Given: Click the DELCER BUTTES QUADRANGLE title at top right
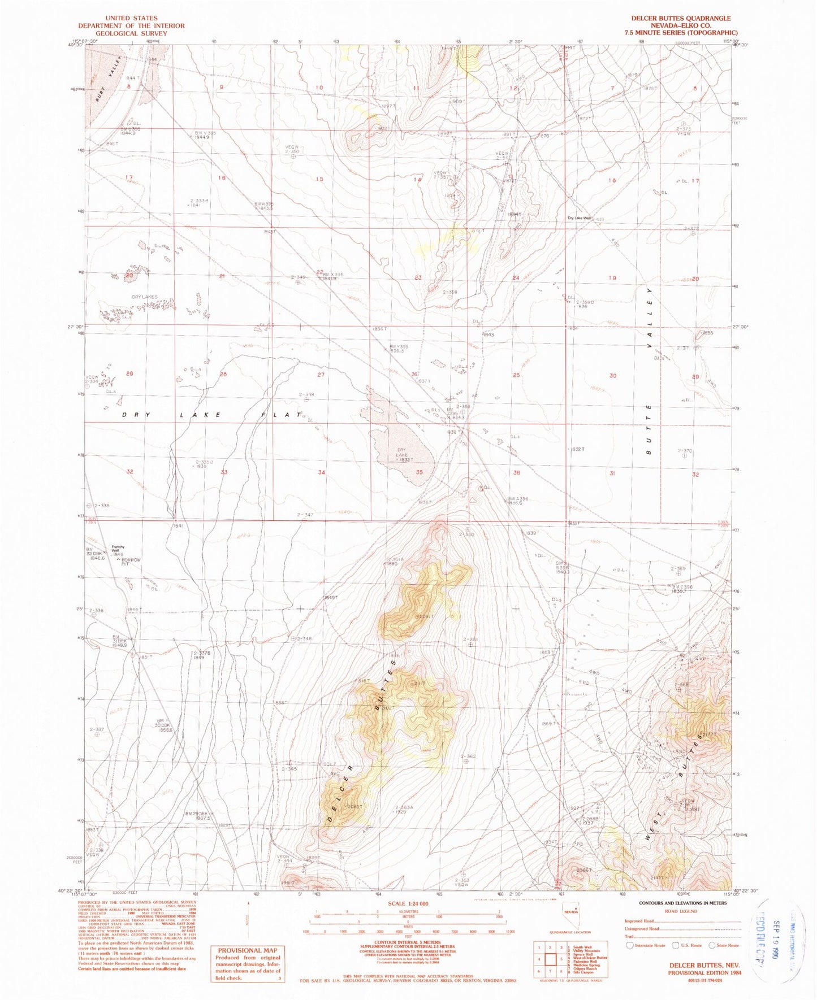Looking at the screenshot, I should click(681, 19).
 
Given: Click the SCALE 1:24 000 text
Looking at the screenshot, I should click(408, 903).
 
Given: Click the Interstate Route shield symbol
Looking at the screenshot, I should click(630, 945).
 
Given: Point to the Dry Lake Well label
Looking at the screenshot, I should click(580, 218).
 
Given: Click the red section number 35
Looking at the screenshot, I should click(419, 472).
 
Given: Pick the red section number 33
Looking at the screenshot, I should click(224, 472).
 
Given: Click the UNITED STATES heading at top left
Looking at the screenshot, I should click(131, 19).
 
